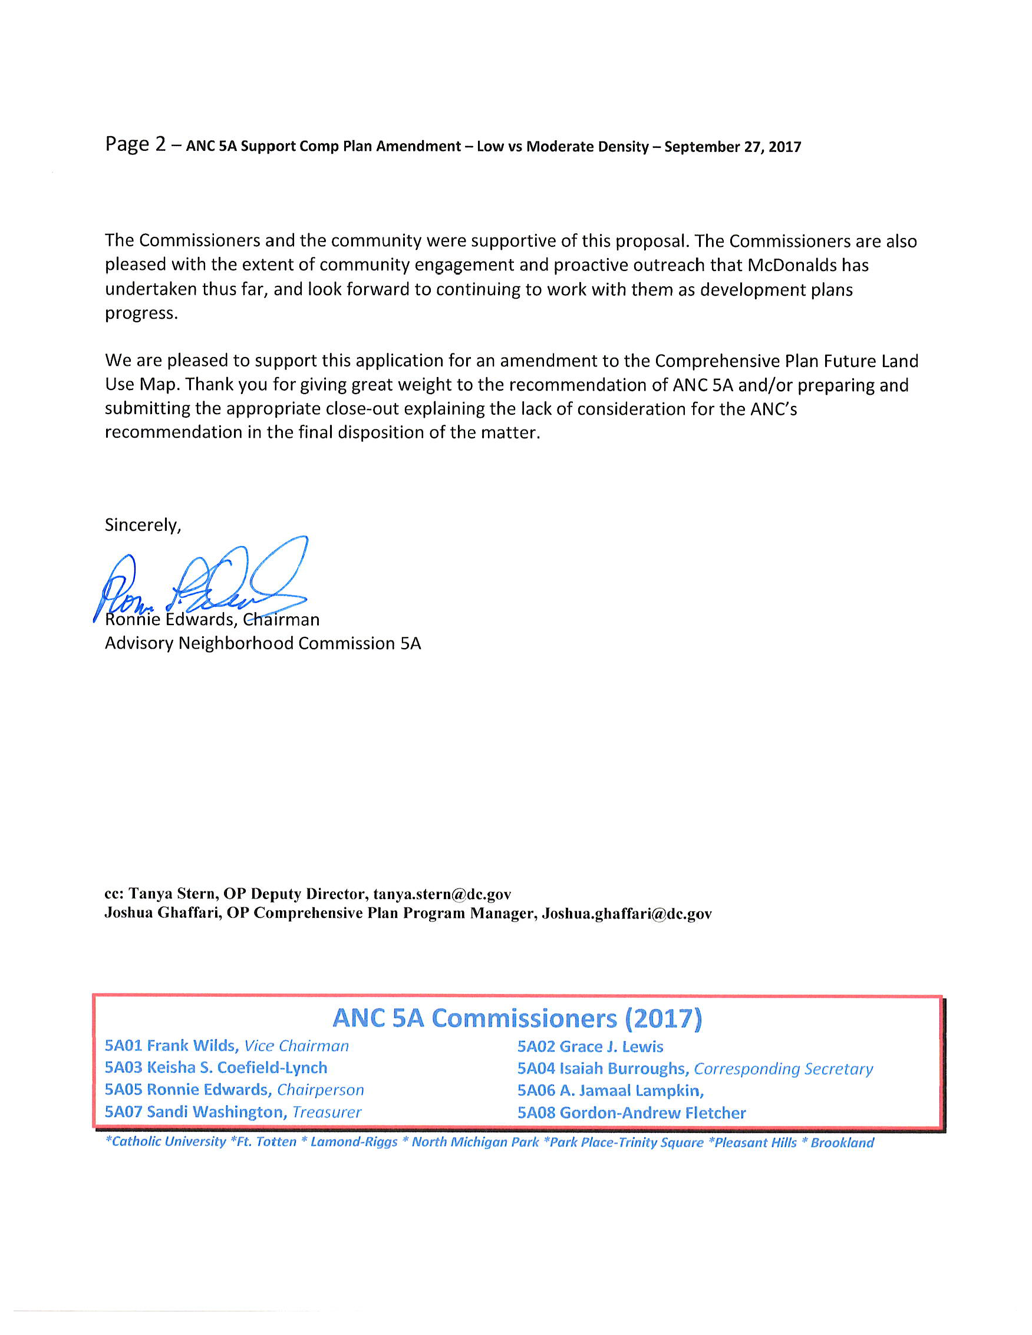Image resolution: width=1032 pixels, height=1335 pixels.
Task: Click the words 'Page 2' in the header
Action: [x=135, y=144]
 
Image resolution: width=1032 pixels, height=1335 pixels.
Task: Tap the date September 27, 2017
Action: [x=733, y=147]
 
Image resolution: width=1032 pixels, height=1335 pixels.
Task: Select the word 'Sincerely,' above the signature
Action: [x=143, y=524]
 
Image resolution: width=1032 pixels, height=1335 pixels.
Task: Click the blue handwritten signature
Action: [x=202, y=577]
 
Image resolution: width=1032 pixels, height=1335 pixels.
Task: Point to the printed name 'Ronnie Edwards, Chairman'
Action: [x=212, y=619]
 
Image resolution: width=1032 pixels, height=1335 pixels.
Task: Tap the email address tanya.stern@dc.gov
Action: [x=442, y=894]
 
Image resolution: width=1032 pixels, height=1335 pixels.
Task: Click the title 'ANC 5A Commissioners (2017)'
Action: [x=517, y=1019]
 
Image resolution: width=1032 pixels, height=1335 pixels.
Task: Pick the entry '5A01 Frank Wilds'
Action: [x=171, y=1046]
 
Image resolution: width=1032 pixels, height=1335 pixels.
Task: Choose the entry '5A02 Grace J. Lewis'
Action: [x=590, y=1046]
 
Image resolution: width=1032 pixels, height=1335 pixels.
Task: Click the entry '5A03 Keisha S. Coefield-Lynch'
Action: [x=216, y=1068]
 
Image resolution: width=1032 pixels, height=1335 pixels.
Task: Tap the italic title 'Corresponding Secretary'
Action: [x=783, y=1069]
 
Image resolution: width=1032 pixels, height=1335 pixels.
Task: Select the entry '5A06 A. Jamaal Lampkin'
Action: [x=609, y=1091]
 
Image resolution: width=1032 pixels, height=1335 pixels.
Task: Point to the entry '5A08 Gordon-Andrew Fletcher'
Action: [x=632, y=1112]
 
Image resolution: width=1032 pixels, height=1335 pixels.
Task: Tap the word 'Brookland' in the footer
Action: [x=842, y=1142]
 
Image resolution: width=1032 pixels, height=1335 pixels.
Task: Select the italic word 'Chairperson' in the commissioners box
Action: [x=321, y=1090]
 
